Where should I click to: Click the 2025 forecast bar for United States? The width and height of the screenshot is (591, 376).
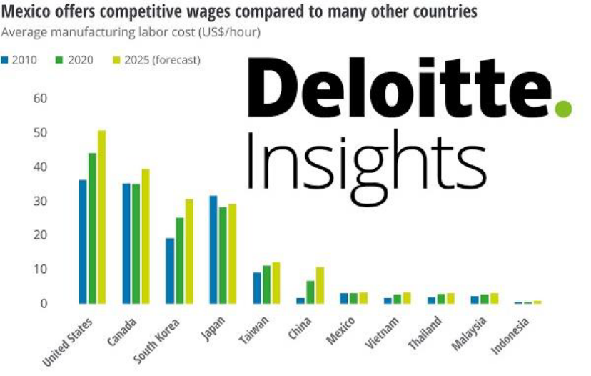(x=101, y=217)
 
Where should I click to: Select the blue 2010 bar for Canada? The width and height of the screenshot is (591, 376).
(x=126, y=244)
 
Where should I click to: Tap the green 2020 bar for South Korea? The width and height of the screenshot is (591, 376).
(x=179, y=261)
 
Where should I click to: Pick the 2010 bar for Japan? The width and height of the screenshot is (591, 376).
(x=213, y=249)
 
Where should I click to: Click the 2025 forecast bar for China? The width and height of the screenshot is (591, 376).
(x=320, y=285)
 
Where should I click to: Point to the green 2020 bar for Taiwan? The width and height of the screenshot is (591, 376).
(x=267, y=285)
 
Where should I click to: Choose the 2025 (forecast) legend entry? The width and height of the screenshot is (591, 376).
(x=157, y=60)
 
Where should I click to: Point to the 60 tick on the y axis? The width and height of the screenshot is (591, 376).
(x=40, y=98)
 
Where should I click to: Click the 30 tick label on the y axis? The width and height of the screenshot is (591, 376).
(x=40, y=201)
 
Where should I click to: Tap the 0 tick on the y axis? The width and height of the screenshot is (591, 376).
(x=44, y=303)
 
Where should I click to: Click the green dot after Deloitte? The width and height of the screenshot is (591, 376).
(x=564, y=109)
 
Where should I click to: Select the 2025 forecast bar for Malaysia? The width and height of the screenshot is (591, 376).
(x=495, y=298)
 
